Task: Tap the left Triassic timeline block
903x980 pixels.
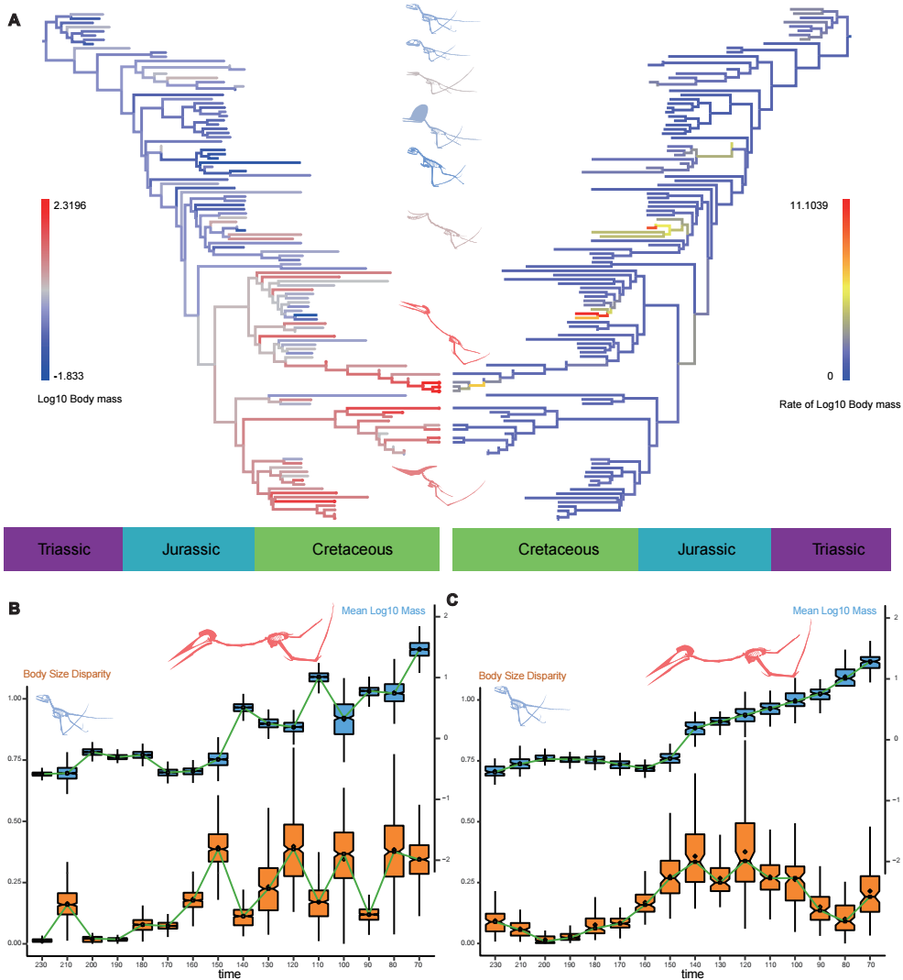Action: tap(63, 549)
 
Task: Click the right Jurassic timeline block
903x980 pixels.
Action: tap(704, 549)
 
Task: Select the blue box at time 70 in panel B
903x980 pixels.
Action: tap(419, 649)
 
